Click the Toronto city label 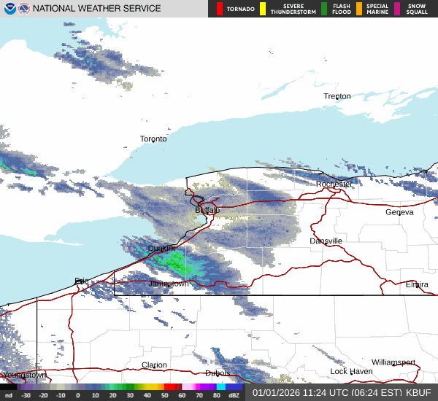click(153, 139)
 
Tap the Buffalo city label click(207, 210)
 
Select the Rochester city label click(334, 184)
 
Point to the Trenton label click(337, 96)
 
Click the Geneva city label click(399, 212)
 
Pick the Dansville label click(326, 241)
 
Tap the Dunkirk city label click(161, 249)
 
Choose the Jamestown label click(169, 284)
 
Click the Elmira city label click(417, 284)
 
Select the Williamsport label click(393, 362)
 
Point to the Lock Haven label click(350, 372)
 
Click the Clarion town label click(154, 365)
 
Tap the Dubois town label click(218, 373)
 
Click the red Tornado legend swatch click(220, 9)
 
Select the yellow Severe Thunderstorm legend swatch click(263, 9)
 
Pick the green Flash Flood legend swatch click(324, 9)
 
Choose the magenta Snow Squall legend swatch click(397, 9)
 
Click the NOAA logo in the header click(8, 9)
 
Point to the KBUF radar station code click(418, 392)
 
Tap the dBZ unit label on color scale click(234, 395)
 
